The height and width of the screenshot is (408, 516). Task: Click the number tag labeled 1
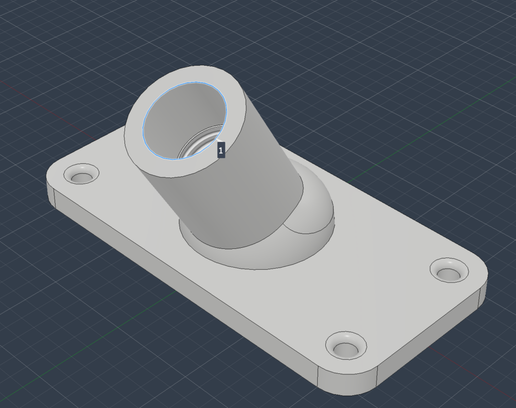click(x=221, y=150)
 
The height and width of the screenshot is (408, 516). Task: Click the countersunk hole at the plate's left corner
click(x=81, y=174)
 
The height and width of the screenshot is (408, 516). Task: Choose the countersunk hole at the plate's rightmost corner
click(x=449, y=270)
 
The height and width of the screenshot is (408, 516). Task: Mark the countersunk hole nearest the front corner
click(x=346, y=345)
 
